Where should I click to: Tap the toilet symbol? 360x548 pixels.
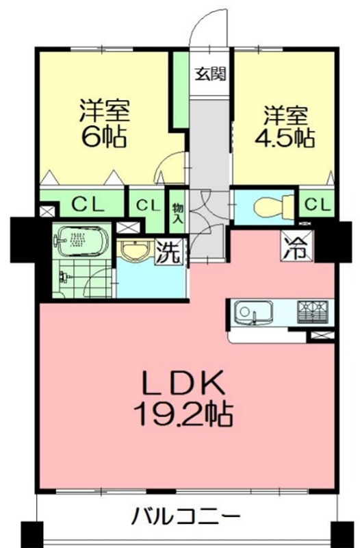266,204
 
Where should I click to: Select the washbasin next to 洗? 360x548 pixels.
134,251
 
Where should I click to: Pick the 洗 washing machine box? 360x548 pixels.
170,253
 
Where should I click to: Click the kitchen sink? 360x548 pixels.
254,314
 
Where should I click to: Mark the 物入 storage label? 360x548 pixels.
177,213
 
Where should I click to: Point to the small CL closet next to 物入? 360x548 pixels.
146,205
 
